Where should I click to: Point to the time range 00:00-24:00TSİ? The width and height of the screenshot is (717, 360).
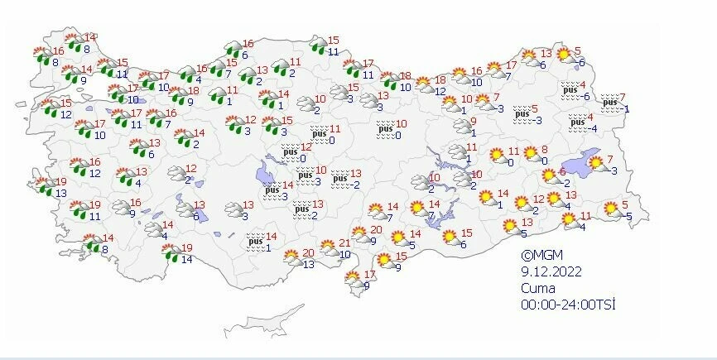568,305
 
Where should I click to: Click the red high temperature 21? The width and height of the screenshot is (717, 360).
346,243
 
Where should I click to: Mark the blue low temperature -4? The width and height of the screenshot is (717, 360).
590,128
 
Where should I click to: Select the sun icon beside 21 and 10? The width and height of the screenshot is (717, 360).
328,247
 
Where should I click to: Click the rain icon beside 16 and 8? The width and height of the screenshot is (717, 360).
40,56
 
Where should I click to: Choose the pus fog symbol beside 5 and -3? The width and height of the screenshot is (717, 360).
522,112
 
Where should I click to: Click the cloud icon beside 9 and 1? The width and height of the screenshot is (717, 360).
460,126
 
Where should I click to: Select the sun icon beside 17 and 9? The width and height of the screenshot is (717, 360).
350,278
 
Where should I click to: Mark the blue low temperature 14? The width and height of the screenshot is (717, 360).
185,259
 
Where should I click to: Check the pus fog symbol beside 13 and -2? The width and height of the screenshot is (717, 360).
339,178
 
